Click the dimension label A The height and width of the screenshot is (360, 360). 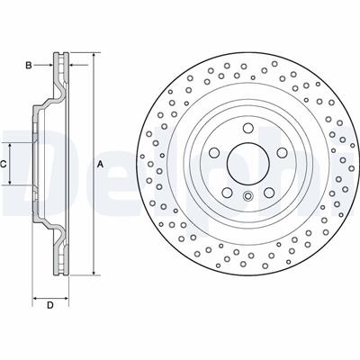coord(101,164)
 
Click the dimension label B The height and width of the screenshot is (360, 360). coord(29,65)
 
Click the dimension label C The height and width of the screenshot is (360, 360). coord(3,164)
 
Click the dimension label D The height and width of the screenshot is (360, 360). coord(50,305)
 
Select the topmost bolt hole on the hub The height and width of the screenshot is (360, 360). coord(247,128)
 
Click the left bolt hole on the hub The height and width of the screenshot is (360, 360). coord(214,153)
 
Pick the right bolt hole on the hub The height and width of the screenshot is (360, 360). coord(282,153)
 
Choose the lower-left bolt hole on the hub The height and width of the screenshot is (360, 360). coord(227,193)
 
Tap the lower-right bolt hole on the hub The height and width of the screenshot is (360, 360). coord(269,193)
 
